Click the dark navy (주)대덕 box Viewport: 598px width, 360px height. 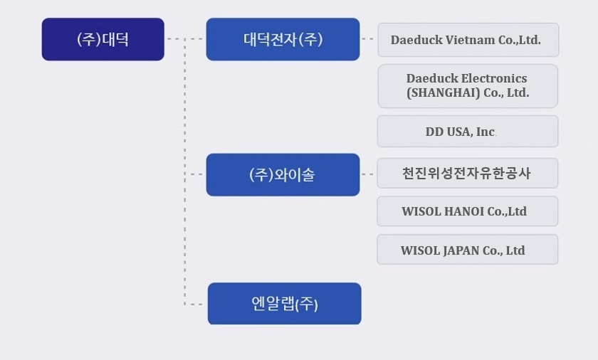click(103, 39)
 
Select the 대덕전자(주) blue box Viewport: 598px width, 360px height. click(283, 39)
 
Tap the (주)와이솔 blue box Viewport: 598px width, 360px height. click(283, 175)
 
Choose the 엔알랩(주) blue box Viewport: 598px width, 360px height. click(285, 304)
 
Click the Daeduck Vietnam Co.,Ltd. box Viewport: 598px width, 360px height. click(468, 40)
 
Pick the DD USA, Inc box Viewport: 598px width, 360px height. click(468, 132)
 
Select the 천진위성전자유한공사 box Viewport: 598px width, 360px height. click(468, 174)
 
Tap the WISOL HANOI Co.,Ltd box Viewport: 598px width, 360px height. click(468, 211)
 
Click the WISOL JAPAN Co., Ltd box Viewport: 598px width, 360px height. click(468, 250)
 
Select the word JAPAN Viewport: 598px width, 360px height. click(461, 250)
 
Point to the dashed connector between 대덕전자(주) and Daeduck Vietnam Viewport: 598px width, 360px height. click(367, 39)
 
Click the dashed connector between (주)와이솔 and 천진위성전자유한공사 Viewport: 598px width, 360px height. click(367, 174)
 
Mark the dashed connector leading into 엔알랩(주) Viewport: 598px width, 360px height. click(194, 305)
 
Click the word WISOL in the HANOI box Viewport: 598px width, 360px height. click(421, 211)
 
